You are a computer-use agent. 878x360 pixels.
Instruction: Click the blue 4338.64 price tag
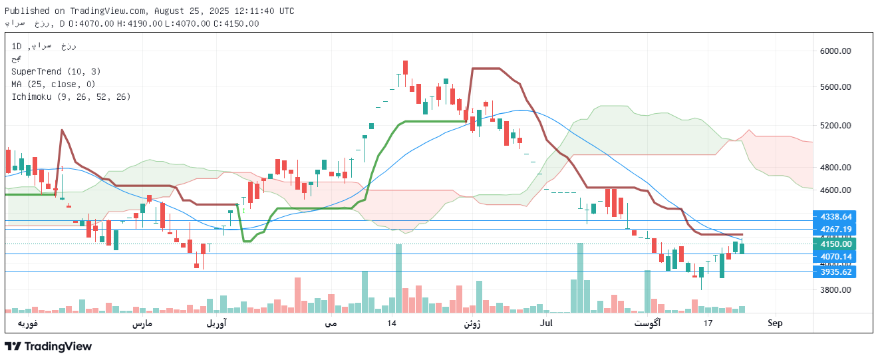[836, 217]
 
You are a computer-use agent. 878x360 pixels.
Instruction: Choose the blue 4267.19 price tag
[836, 230]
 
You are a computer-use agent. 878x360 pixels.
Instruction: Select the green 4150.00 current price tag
[836, 244]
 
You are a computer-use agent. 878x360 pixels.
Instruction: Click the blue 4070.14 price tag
[836, 257]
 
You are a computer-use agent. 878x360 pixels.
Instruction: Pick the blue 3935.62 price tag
[836, 271]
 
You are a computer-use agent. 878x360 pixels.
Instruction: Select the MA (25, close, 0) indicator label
[53, 84]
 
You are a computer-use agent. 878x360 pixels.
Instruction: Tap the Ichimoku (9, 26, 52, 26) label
[71, 96]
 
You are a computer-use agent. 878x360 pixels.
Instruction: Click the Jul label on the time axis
[547, 323]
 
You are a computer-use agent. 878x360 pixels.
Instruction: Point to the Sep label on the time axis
[775, 323]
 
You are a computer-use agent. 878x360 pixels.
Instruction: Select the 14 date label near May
[392, 323]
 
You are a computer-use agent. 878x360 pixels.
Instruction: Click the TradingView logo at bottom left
[48, 346]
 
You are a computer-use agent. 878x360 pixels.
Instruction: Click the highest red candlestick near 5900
[404, 67]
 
